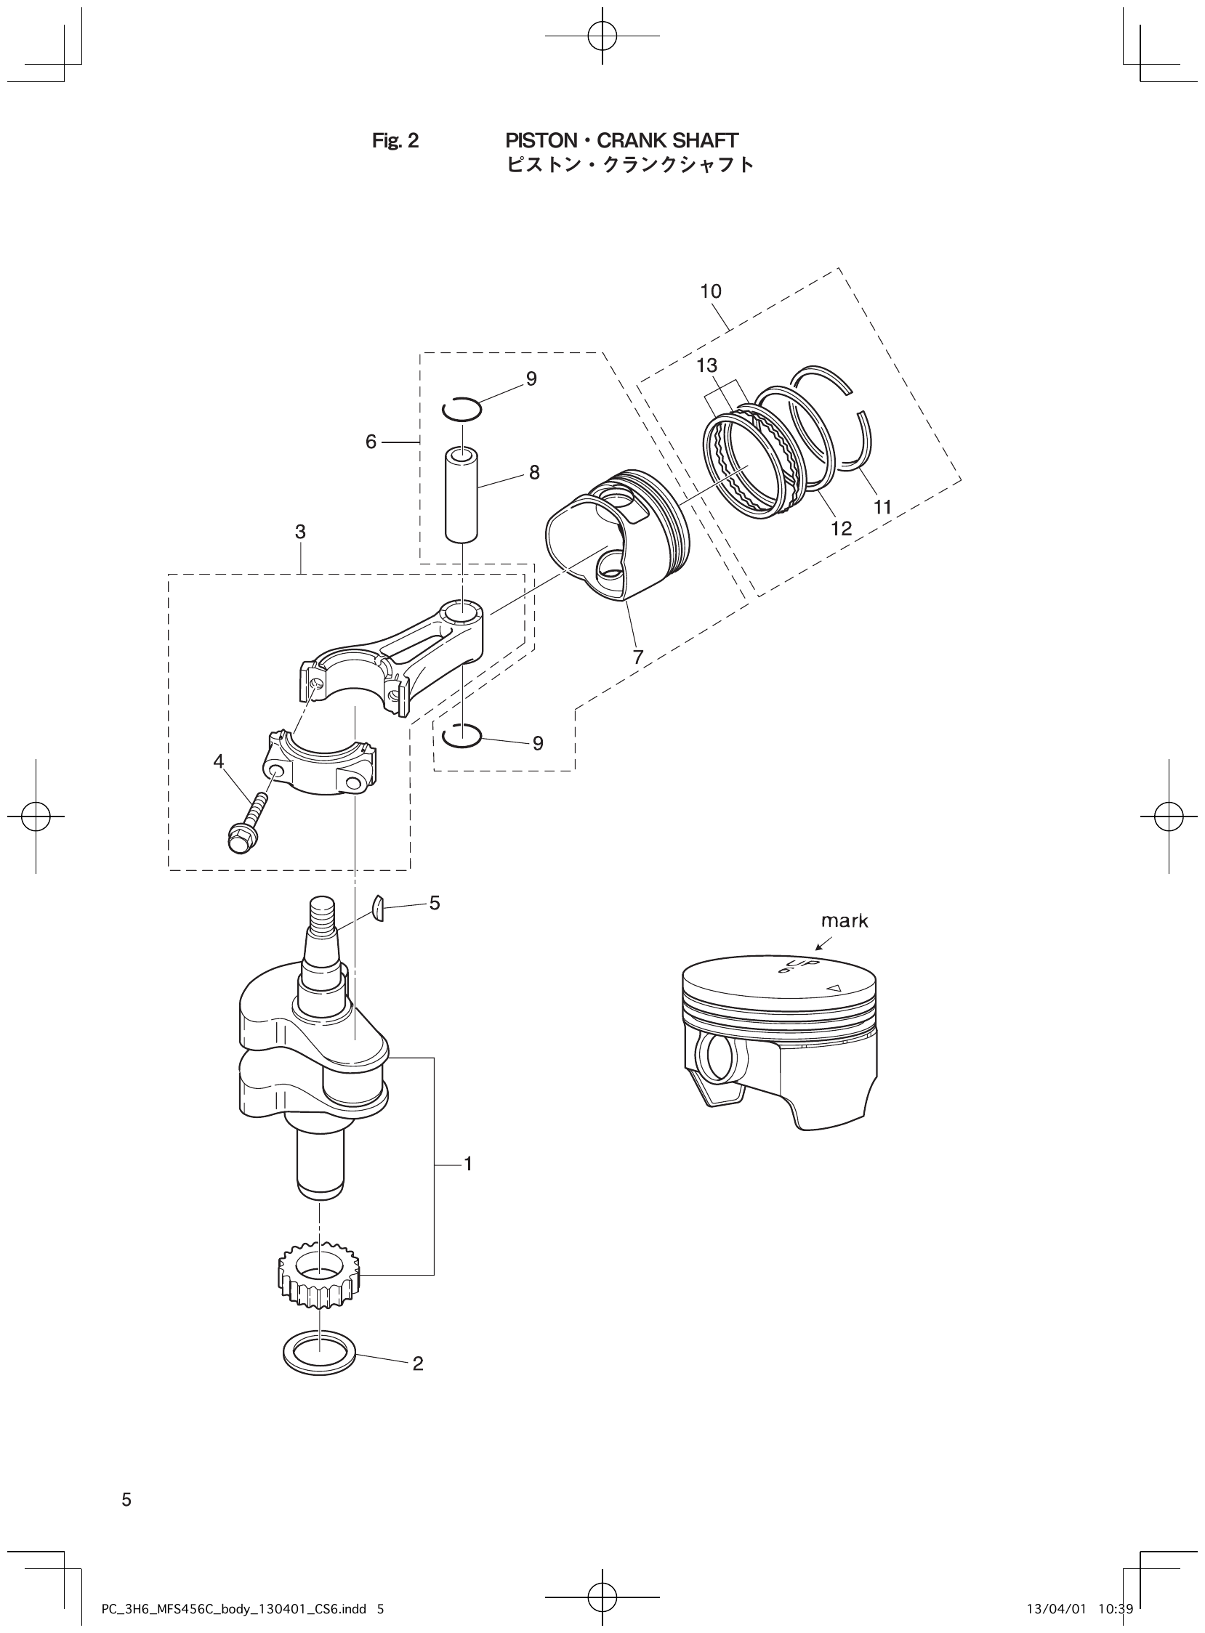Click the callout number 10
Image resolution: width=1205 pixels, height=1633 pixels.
tap(711, 291)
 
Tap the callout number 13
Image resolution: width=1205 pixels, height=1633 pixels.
tap(706, 366)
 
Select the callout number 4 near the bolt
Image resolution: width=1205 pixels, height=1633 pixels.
tap(218, 761)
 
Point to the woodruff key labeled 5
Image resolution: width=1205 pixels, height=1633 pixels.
tap(377, 907)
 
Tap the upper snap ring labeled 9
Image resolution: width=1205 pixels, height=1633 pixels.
tap(462, 410)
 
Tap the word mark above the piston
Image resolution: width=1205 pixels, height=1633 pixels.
tap(845, 921)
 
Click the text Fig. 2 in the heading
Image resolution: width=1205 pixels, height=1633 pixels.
tap(395, 141)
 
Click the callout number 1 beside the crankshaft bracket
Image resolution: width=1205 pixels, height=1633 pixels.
tap(468, 1164)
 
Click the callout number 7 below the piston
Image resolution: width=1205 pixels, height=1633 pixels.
tap(638, 657)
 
